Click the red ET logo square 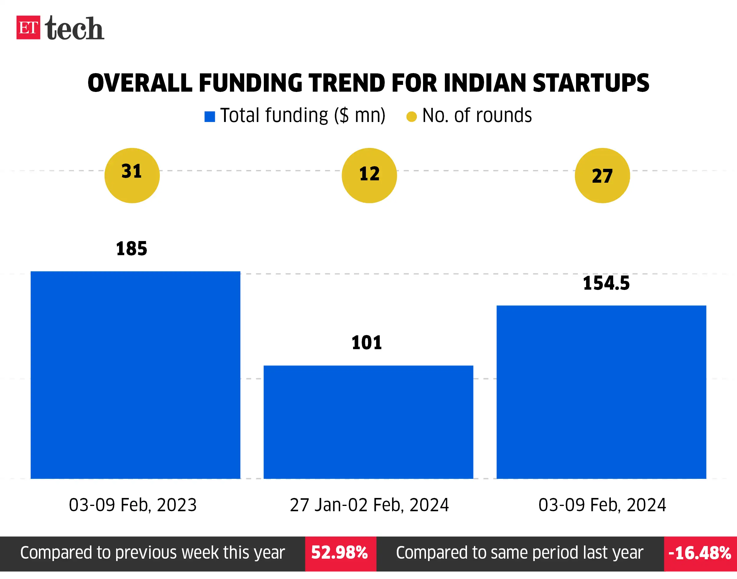tap(28, 27)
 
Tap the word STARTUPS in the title tap(590, 83)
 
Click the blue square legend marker tap(210, 117)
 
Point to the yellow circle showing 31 tap(132, 175)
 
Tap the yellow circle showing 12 tap(369, 175)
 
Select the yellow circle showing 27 tap(602, 175)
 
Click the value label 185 tap(131, 248)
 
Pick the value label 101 tap(367, 342)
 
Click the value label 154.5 tap(606, 283)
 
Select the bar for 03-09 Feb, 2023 tap(135, 375)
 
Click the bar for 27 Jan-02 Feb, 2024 tap(368, 422)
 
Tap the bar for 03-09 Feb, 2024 tap(601, 392)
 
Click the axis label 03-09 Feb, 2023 tap(133, 505)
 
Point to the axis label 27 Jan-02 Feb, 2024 tap(369, 505)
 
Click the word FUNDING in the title tap(250, 83)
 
